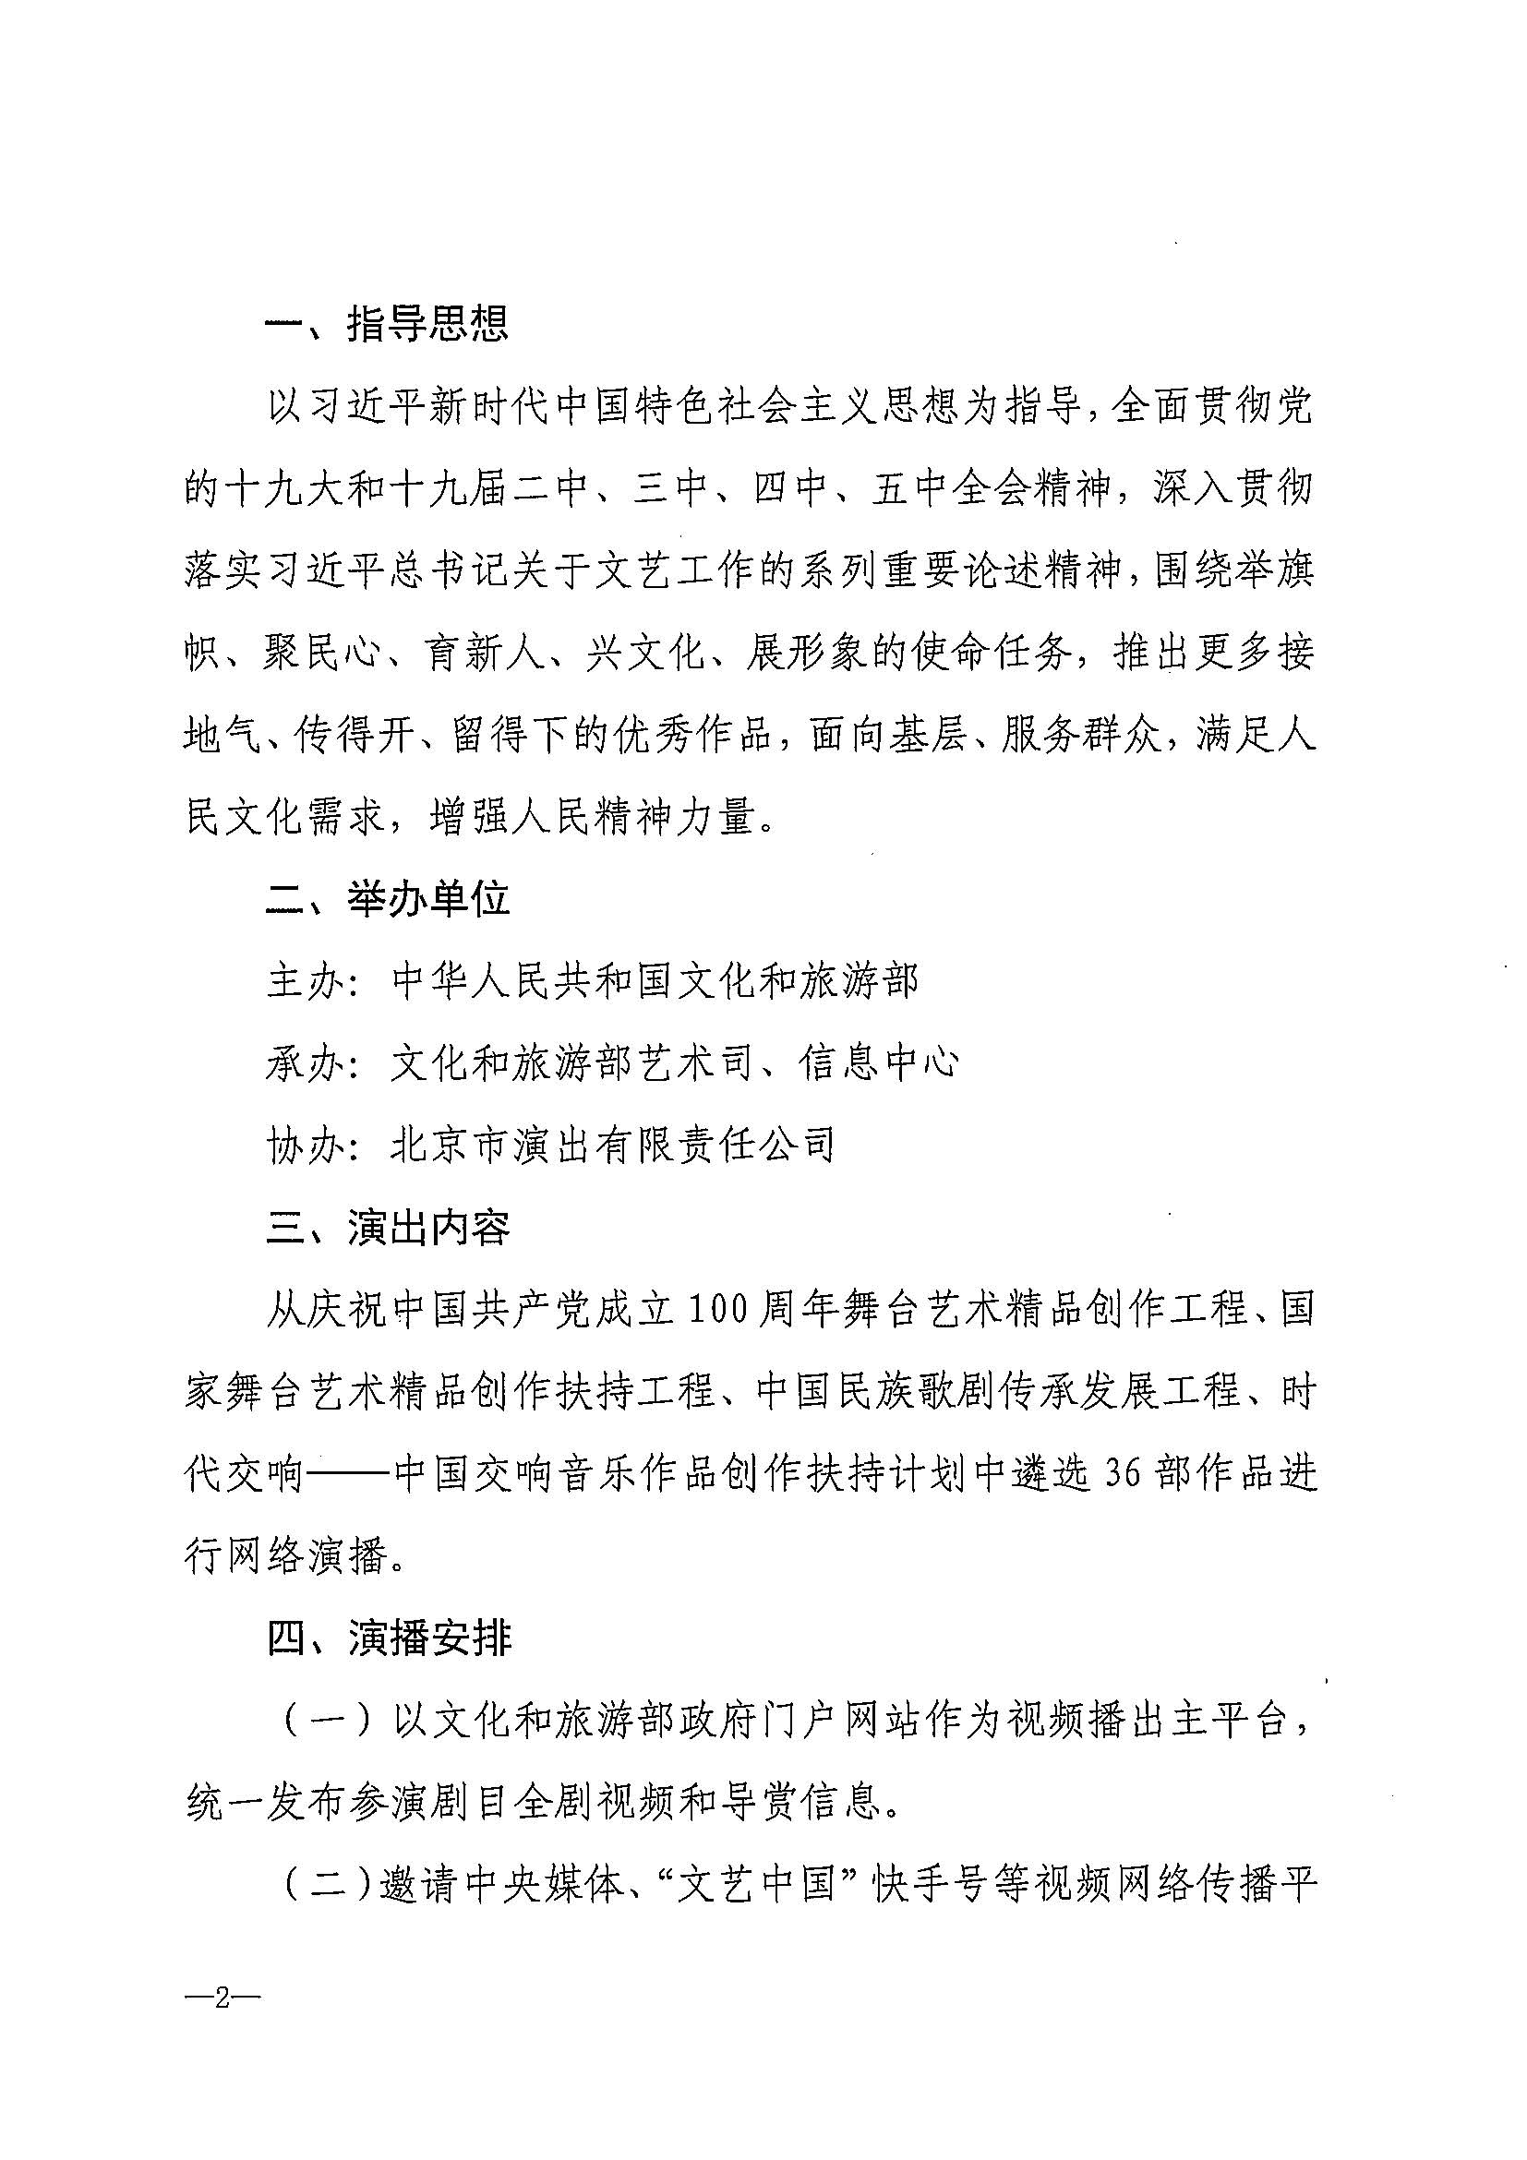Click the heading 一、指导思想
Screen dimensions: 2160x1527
pos(387,324)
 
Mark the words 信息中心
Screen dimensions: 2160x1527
pos(880,1064)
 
